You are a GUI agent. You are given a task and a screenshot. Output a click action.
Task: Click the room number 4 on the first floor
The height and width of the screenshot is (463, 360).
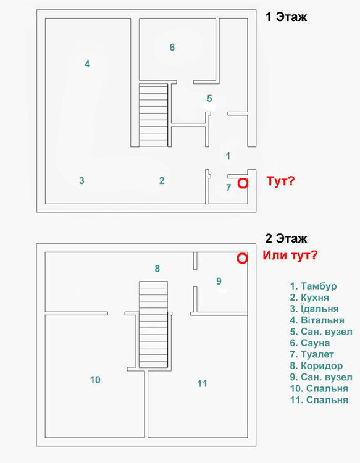tap(87, 64)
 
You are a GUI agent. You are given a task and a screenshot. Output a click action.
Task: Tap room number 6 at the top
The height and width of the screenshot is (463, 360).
tap(172, 47)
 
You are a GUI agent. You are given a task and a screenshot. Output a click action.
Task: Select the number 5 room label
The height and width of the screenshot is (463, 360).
tap(209, 98)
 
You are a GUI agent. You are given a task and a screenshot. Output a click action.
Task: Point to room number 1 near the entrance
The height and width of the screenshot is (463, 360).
tap(228, 156)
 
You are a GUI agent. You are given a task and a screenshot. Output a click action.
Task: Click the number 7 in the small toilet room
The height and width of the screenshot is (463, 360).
tap(228, 188)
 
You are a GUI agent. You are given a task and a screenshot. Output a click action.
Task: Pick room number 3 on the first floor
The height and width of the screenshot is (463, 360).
tap(82, 181)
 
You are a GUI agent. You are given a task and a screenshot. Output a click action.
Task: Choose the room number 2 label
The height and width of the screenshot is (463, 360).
tap(162, 181)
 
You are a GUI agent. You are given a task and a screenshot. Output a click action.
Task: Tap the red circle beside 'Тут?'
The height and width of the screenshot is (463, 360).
tap(243, 183)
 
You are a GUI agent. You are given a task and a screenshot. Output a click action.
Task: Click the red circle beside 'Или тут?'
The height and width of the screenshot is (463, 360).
tap(242, 258)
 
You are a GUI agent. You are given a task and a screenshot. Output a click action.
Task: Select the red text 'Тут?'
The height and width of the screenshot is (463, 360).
tap(281, 182)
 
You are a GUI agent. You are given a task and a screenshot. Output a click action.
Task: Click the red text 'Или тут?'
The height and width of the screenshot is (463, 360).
tap(290, 255)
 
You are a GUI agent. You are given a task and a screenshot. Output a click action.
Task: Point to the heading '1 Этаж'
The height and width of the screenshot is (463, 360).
tap(286, 17)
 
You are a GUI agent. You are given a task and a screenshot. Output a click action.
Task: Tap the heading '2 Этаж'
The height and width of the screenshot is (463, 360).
tap(286, 238)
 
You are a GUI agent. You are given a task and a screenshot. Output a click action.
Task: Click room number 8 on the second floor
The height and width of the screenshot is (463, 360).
tap(157, 269)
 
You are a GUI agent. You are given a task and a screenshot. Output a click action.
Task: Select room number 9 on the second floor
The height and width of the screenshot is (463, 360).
tap(219, 281)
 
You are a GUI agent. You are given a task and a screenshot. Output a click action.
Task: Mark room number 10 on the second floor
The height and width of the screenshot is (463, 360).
tap(95, 380)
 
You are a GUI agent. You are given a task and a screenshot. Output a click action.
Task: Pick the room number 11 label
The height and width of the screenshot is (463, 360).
tap(202, 383)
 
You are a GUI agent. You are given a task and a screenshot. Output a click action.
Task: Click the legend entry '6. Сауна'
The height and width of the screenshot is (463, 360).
tap(310, 343)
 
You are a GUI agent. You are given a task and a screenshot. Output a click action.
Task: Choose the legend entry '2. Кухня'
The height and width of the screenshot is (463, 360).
tap(311, 298)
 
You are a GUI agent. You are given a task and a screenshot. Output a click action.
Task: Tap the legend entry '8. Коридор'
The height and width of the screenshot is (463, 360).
tap(316, 365)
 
